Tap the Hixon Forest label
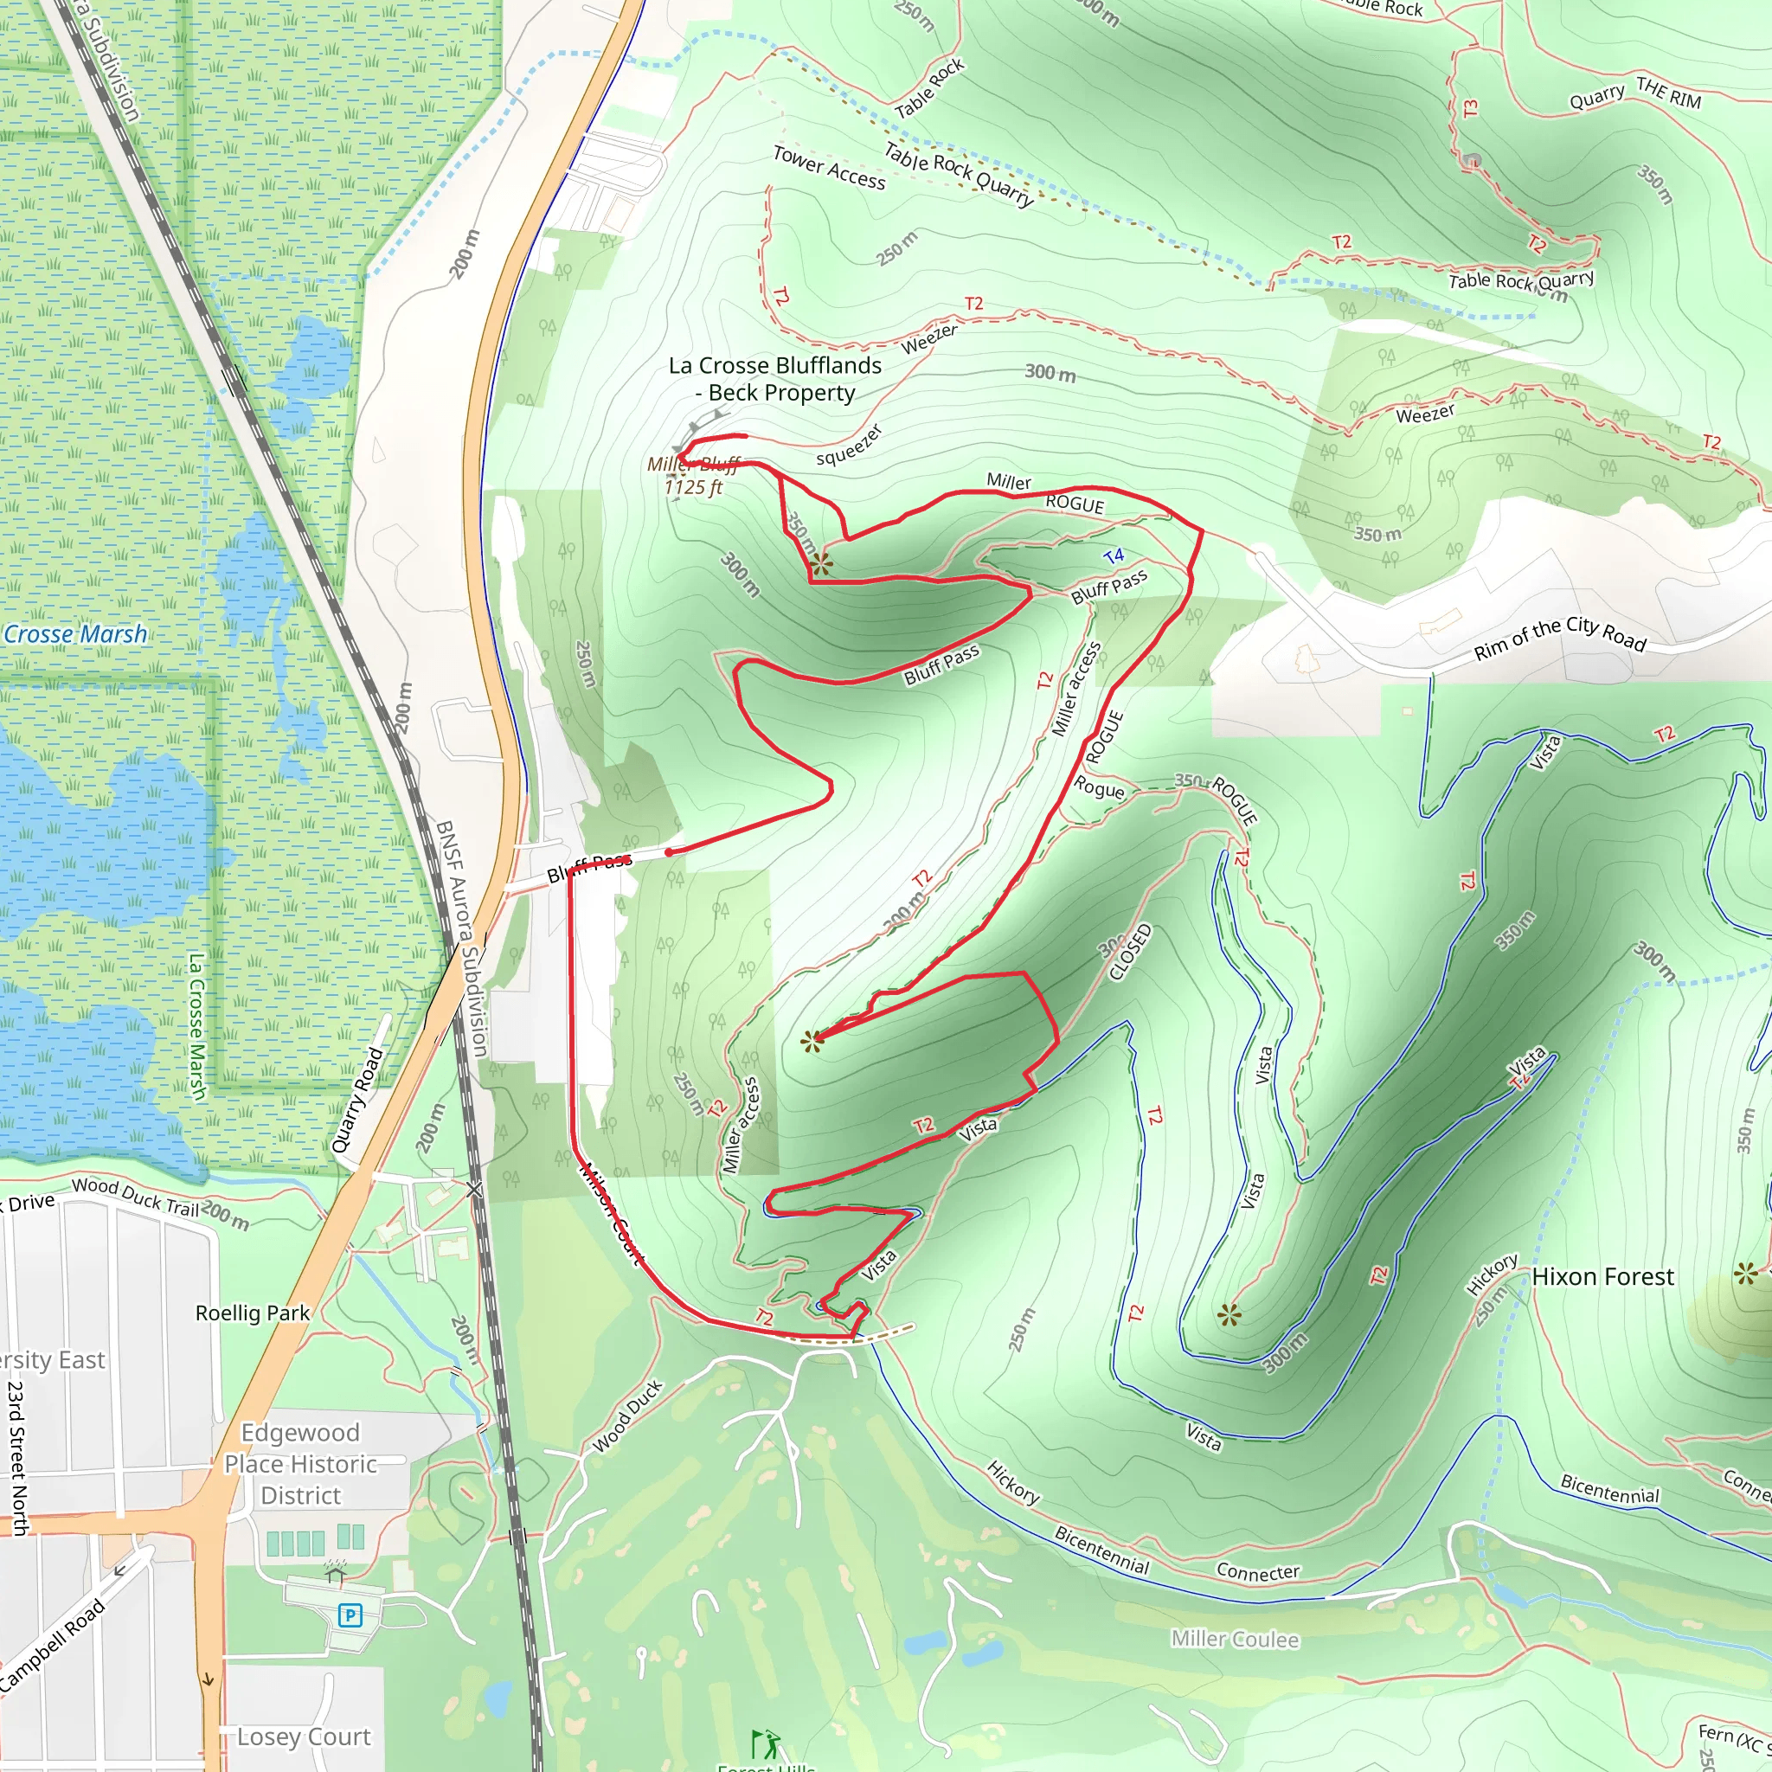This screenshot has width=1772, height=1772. pyautogui.click(x=1602, y=1277)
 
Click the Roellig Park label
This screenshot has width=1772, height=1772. pyautogui.click(x=253, y=1313)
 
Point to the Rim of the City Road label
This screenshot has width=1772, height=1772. pyautogui.click(x=1559, y=639)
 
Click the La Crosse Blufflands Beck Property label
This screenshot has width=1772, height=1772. pyautogui.click(x=775, y=379)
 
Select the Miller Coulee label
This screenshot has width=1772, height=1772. pyautogui.click(x=1235, y=1639)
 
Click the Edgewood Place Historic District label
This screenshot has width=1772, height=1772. pyautogui.click(x=300, y=1464)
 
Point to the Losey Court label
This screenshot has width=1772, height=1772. pyautogui.click(x=304, y=1737)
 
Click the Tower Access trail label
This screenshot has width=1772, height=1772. pyautogui.click(x=829, y=168)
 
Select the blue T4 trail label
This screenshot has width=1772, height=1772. pyautogui.click(x=1114, y=555)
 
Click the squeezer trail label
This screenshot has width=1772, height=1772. pyautogui.click(x=849, y=445)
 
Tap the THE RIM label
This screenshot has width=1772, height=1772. pyautogui.click(x=1668, y=93)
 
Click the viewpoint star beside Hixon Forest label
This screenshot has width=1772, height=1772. pyautogui.click(x=1745, y=1273)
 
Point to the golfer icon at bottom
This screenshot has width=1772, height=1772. pyautogui.click(x=766, y=1743)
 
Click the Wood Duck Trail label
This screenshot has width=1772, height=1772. pyautogui.click(x=136, y=1197)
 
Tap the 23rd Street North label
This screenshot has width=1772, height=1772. pyautogui.click(x=16, y=1458)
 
